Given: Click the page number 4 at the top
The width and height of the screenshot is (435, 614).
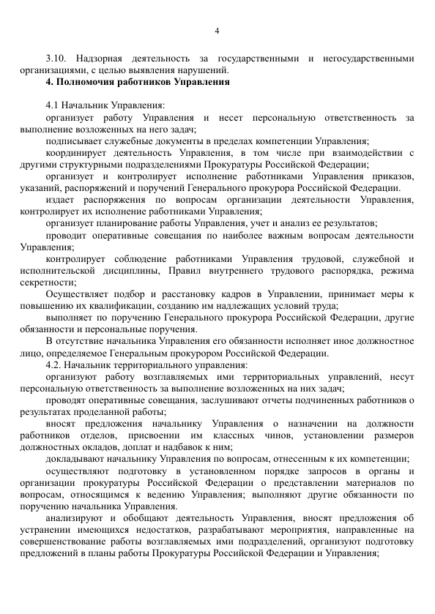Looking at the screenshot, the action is tap(218, 30).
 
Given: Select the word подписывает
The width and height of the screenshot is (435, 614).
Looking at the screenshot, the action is tap(72, 141).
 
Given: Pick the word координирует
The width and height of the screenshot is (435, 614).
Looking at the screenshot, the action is tap(76, 153).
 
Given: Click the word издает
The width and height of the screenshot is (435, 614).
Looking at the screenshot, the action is tap(59, 200).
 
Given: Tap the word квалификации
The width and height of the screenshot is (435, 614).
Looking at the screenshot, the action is tap(131, 305).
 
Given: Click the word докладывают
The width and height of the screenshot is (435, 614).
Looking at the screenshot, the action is tap(75, 457).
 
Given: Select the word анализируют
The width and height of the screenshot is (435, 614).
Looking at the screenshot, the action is tap(75, 516).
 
